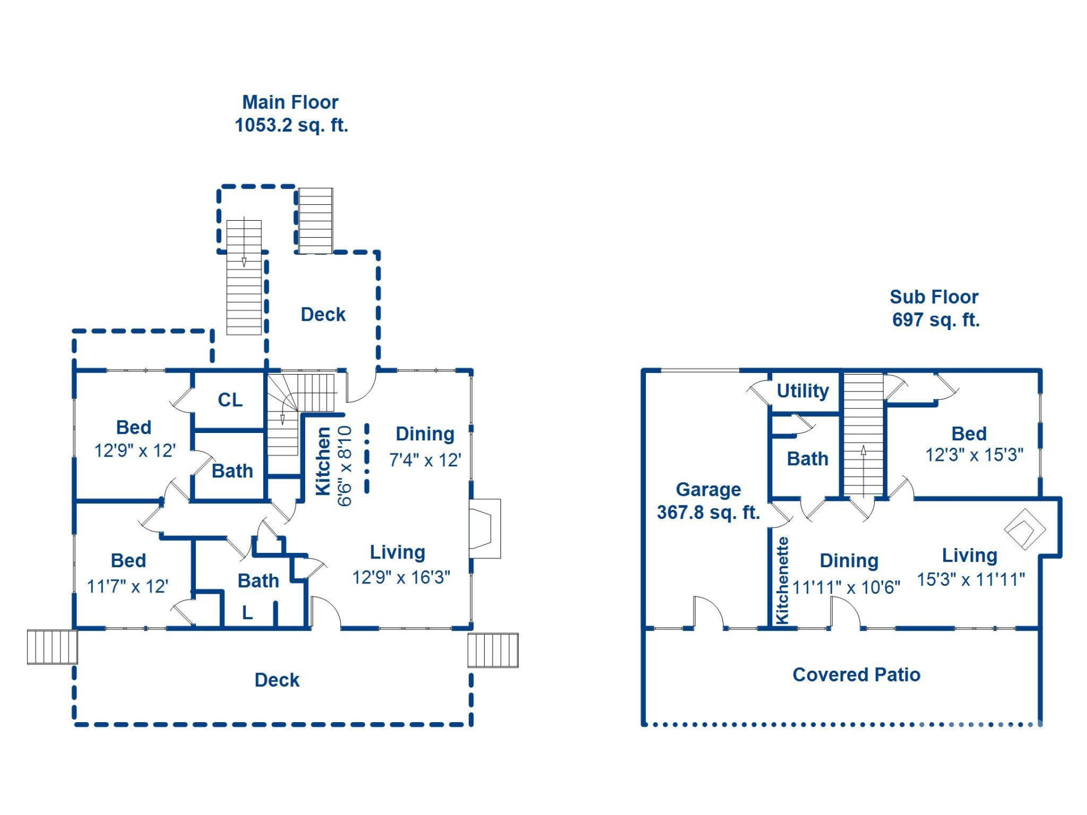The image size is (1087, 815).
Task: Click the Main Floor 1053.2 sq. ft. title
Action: pyautogui.click(x=290, y=114)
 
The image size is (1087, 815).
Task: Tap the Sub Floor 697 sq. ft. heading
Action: pyautogui.click(x=935, y=308)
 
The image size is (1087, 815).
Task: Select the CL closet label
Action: pyautogui.click(x=230, y=400)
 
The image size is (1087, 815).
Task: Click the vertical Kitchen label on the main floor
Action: pyautogui.click(x=323, y=461)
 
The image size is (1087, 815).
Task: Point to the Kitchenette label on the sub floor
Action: pyautogui.click(x=782, y=580)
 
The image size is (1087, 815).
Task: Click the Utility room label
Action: pyautogui.click(x=802, y=391)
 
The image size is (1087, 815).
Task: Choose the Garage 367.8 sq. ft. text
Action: pyautogui.click(x=708, y=501)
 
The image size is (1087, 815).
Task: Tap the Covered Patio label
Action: pyautogui.click(x=856, y=675)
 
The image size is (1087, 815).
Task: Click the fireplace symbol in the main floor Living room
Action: pyautogui.click(x=484, y=529)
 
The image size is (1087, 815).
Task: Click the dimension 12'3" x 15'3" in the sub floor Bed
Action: pyautogui.click(x=974, y=455)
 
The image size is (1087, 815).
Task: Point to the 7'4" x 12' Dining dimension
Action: pyautogui.click(x=425, y=460)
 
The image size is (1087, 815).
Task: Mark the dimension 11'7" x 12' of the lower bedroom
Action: pyautogui.click(x=127, y=586)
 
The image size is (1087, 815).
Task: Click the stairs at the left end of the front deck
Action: pyautogui.click(x=52, y=647)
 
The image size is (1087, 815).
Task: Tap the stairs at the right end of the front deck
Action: pyautogui.click(x=493, y=650)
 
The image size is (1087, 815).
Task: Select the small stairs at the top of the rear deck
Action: pyautogui.click(x=315, y=221)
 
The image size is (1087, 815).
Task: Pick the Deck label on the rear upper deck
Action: pyautogui.click(x=323, y=315)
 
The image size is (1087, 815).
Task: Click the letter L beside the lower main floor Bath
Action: pyautogui.click(x=247, y=613)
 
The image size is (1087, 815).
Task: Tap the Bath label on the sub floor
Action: pyautogui.click(x=807, y=459)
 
